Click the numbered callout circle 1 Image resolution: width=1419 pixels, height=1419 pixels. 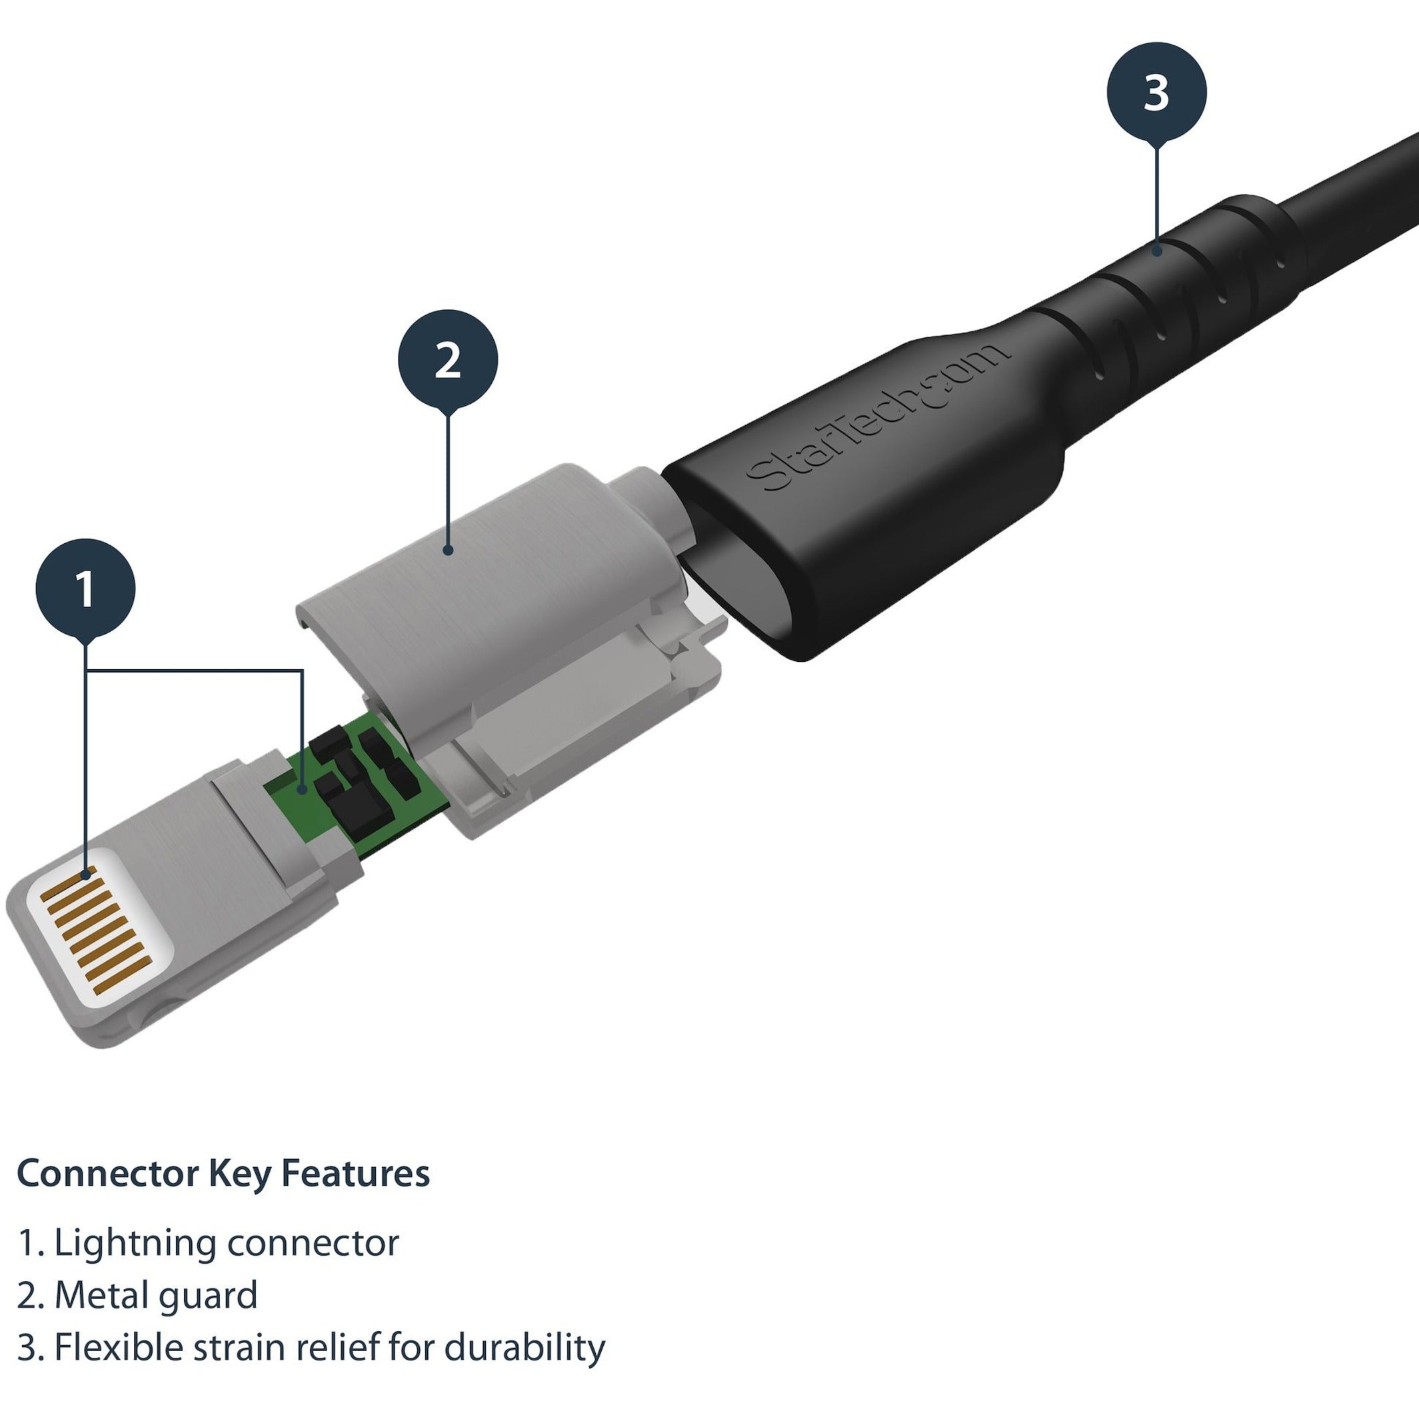coord(85,589)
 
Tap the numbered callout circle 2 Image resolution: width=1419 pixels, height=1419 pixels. coord(447,359)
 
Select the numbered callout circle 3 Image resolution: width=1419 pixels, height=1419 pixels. coord(1156,92)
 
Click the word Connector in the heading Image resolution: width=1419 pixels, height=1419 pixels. coord(107,1174)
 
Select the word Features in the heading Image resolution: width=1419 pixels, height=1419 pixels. coord(355,1174)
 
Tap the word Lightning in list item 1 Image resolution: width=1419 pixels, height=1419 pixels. coord(135,1244)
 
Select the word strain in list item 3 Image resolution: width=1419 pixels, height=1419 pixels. coord(238,1347)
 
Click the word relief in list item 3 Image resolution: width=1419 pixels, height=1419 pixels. coord(339,1347)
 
